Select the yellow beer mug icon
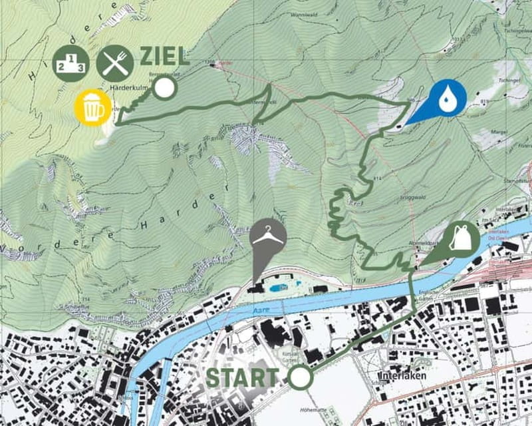click(93, 107)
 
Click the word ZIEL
click(164, 57)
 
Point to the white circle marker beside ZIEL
click(164, 89)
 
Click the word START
click(241, 377)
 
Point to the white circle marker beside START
click(300, 377)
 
